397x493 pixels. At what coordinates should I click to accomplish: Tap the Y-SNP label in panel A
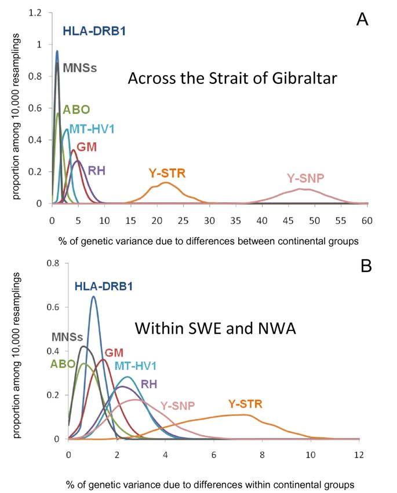[x=305, y=178]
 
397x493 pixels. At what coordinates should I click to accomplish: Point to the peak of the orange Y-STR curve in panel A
[x=166, y=183]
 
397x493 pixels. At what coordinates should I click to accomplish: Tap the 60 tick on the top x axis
[x=366, y=220]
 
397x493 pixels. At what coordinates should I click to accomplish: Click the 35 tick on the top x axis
[x=236, y=220]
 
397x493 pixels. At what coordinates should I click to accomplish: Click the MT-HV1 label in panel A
[x=92, y=129]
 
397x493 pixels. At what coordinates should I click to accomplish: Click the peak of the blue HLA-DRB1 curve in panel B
[x=93, y=297]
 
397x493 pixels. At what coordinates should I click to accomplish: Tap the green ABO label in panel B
[x=62, y=363]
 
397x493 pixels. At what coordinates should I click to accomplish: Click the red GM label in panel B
[x=114, y=353]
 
